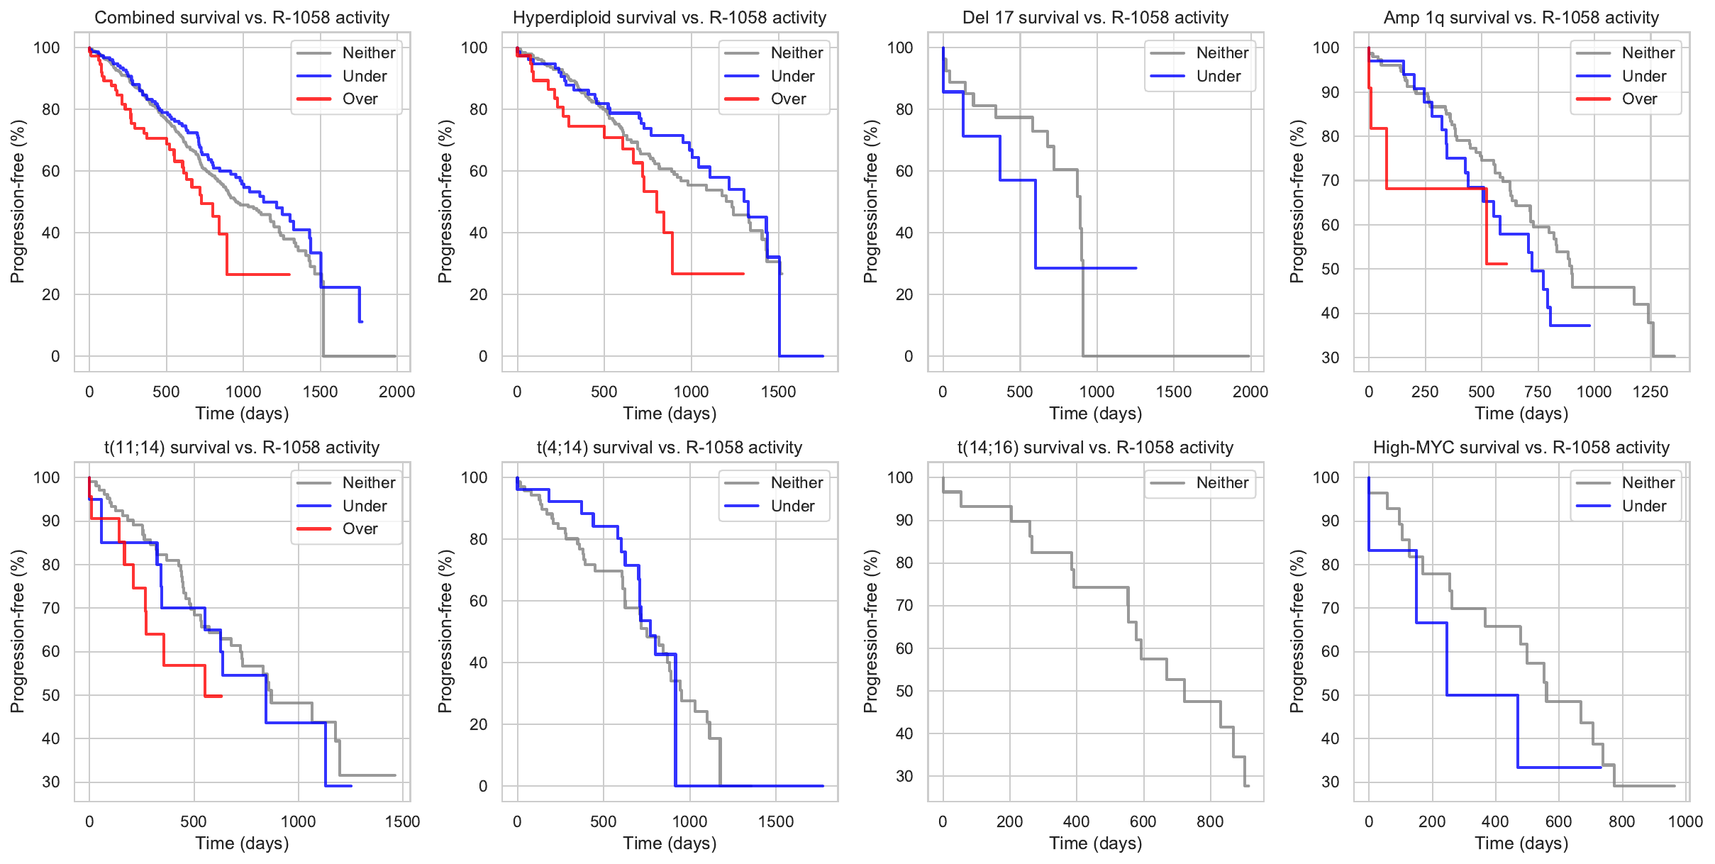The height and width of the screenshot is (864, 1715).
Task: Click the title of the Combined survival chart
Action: click(242, 18)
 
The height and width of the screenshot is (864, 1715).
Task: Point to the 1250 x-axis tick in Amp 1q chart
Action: click(1650, 392)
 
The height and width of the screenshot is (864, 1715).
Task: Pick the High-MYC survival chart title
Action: click(1521, 448)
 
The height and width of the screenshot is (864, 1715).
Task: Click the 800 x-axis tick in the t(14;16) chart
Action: click(1209, 821)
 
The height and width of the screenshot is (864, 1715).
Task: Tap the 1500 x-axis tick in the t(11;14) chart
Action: click(402, 821)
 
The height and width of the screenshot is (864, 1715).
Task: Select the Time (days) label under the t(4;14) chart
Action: click(670, 843)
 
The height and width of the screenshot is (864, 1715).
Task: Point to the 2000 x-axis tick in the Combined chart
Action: click(396, 392)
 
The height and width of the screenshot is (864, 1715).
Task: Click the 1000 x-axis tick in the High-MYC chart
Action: click(1685, 821)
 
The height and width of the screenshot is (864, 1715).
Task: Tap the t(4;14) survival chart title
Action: click(669, 448)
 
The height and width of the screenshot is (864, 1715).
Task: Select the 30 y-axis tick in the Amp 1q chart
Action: click(1330, 358)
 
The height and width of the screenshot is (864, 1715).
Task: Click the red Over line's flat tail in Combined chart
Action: click(259, 275)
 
